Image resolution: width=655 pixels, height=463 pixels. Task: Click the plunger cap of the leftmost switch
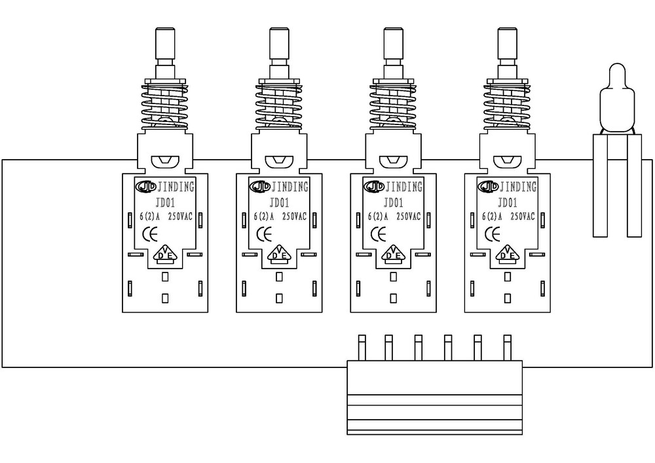165,43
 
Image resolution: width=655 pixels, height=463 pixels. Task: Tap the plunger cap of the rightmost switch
508,43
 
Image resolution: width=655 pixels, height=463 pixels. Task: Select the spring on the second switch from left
279,107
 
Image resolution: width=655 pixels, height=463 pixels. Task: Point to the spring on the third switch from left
393,107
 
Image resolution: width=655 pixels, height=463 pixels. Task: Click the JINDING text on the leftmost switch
176,187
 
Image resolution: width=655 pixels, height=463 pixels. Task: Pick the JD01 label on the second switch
280,203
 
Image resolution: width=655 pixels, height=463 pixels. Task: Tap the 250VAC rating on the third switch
409,217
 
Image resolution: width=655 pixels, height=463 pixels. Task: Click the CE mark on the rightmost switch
493,234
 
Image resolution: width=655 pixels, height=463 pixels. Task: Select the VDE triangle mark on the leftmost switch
165,253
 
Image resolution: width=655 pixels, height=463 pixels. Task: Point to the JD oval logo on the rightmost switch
487,186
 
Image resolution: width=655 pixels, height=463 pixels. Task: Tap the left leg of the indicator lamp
600,186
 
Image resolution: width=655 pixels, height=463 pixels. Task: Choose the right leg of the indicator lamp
635,186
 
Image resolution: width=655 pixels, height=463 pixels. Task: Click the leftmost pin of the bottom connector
362,348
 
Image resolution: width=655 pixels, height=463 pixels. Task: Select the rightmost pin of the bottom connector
508,348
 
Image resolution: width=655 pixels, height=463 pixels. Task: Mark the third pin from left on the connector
418,348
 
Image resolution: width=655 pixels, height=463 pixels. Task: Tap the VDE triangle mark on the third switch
393,253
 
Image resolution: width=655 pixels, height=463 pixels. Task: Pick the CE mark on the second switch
265,234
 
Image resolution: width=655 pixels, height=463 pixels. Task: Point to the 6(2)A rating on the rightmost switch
492,217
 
